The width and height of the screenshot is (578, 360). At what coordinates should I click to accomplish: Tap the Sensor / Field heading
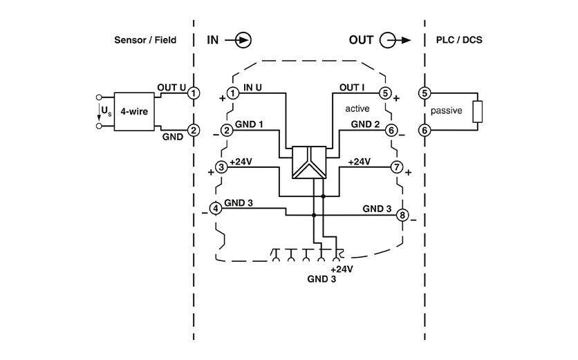click(145, 40)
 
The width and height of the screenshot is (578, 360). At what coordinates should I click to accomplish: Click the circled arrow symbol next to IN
click(243, 40)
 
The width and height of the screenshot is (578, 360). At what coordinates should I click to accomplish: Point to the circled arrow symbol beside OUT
click(390, 40)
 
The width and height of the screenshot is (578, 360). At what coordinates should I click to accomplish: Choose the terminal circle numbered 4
click(216, 207)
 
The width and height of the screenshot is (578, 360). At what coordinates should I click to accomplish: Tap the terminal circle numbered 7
click(396, 167)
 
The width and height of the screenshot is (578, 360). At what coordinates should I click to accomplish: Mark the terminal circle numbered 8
click(402, 215)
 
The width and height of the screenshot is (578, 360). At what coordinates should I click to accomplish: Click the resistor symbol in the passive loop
click(477, 111)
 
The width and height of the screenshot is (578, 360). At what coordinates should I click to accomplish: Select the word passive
click(446, 111)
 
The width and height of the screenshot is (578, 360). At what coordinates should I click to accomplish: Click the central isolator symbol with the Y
click(308, 163)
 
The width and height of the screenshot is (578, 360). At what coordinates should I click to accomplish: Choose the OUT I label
click(353, 87)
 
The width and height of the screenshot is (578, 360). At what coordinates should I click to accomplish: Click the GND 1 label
click(249, 124)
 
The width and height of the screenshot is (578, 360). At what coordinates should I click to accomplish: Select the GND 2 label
click(365, 124)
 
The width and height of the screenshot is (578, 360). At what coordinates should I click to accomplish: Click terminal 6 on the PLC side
click(425, 129)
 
